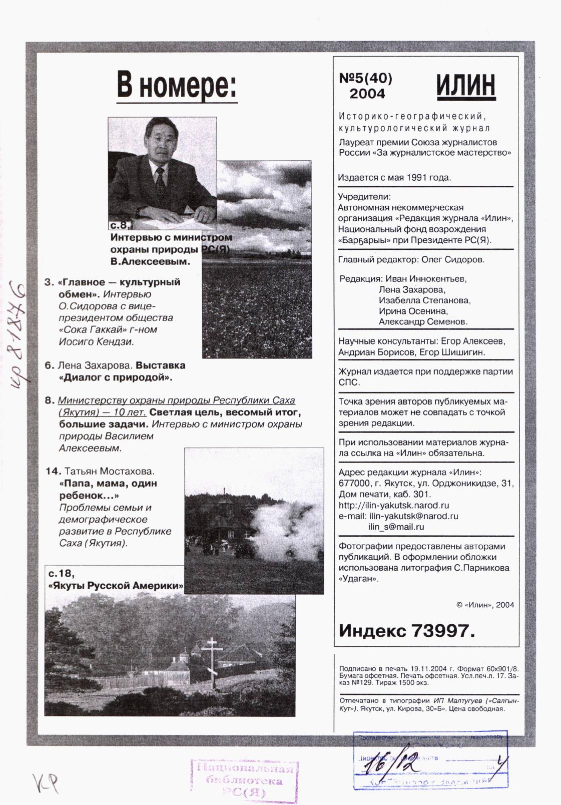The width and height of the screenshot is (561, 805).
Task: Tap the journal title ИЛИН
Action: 465,86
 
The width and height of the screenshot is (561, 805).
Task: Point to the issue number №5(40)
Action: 366,78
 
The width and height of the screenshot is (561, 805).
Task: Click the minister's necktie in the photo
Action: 160,183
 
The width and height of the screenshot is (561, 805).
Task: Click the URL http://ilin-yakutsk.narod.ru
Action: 393,506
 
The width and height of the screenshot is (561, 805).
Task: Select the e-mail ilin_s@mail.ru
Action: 396,527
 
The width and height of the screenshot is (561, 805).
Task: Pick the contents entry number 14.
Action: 53,472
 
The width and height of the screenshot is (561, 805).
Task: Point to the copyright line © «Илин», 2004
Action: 485,604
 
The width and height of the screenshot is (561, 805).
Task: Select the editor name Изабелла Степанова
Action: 424,300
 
